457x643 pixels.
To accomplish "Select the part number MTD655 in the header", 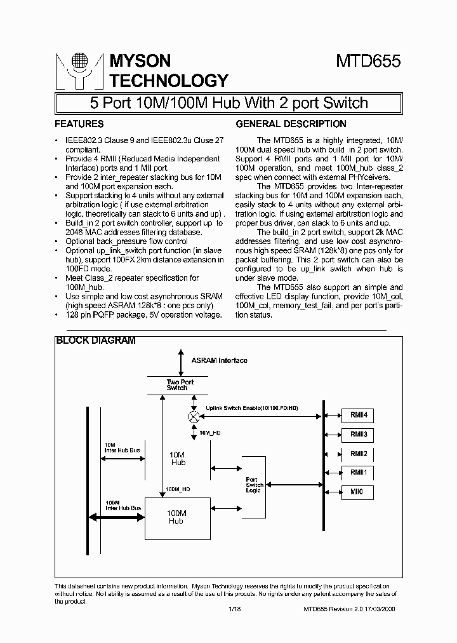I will pos(368,62).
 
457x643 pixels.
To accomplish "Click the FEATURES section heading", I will pos(79,124).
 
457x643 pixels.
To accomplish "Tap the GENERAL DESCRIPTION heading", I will pos(291,124).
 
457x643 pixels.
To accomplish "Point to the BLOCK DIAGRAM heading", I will pos(96,341).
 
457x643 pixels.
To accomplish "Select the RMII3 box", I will pos(359,435).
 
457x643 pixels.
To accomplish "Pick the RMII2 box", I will pos(359,454).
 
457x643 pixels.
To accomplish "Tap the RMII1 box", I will pos(359,473).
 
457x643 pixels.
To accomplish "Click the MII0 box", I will pos(359,492).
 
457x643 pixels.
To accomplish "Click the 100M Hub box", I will pos(176,517).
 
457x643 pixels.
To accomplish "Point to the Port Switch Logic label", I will pos(255,485).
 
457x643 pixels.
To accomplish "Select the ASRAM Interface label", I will pos(219,360).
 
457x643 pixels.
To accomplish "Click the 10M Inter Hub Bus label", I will pos(121,447).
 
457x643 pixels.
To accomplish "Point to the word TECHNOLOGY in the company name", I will pos(169,81).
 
